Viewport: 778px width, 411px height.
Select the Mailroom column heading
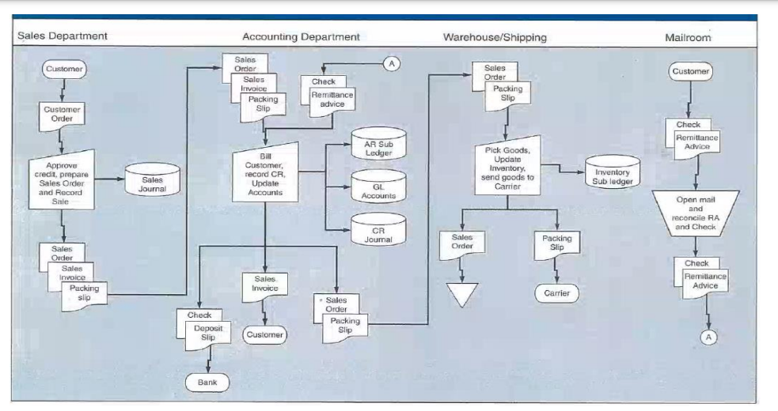[688, 36]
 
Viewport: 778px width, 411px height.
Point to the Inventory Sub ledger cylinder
[613, 172]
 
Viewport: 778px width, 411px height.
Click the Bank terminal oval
[207, 383]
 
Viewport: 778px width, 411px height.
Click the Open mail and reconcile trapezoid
[696, 212]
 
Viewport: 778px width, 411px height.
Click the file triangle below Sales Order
[463, 294]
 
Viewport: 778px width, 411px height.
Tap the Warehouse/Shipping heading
[495, 36]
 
